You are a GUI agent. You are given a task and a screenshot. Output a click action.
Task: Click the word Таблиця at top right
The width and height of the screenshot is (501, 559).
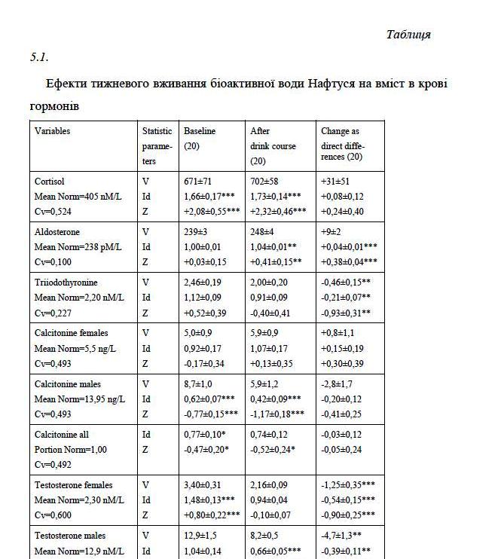pyautogui.click(x=408, y=35)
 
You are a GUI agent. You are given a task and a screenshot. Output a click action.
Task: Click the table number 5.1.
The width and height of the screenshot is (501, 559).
pyautogui.click(x=40, y=57)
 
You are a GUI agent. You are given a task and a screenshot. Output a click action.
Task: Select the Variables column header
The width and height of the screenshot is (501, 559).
pyautogui.click(x=52, y=131)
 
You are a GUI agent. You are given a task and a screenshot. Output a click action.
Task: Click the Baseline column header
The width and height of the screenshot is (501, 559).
pyautogui.click(x=199, y=131)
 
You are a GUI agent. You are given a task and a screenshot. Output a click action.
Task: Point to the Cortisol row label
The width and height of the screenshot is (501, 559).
pyautogui.click(x=50, y=182)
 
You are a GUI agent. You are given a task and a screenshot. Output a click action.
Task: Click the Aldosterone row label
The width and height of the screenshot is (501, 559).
pyautogui.click(x=57, y=232)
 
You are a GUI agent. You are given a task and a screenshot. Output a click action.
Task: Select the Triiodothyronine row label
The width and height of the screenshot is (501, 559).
pyautogui.click(x=66, y=282)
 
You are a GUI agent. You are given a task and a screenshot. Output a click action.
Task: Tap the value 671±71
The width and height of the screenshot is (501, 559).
pyautogui.click(x=199, y=182)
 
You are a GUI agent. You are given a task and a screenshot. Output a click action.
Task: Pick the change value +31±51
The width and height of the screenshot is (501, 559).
pyautogui.click(x=336, y=182)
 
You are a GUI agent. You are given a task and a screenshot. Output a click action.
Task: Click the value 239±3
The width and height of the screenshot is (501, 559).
pyautogui.click(x=196, y=232)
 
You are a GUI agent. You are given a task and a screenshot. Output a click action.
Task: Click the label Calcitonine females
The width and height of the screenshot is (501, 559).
pyautogui.click(x=71, y=333)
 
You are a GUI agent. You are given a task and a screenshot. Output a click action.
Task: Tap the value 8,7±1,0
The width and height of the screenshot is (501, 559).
pyautogui.click(x=200, y=384)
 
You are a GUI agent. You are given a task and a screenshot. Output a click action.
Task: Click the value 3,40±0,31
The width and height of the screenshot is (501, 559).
pyautogui.click(x=201, y=485)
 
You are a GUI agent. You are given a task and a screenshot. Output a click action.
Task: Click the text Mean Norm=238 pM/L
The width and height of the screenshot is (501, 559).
pyautogui.click(x=78, y=247)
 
